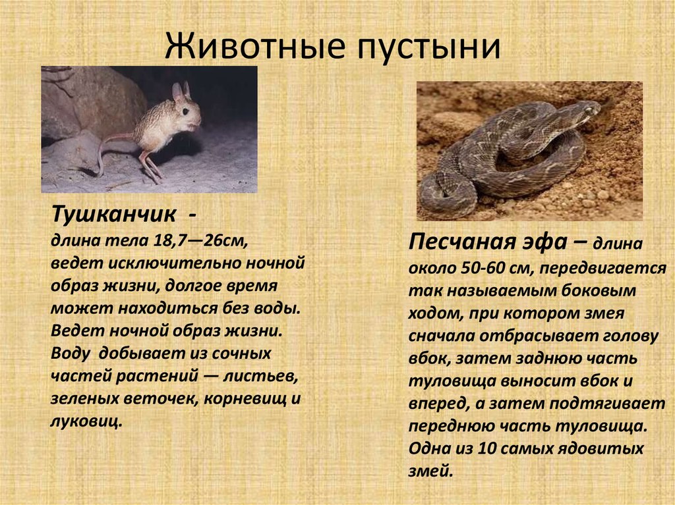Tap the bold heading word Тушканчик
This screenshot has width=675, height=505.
pyautogui.click(x=113, y=214)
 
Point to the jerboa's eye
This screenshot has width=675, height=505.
pyautogui.click(x=185, y=111)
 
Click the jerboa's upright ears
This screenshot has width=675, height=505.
pyautogui.click(x=181, y=92)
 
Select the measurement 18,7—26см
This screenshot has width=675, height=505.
pyautogui.click(x=200, y=240)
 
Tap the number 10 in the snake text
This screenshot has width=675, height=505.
pyautogui.click(x=487, y=448)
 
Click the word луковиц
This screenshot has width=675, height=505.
pyautogui.click(x=86, y=420)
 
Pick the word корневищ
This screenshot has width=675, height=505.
pyautogui.click(x=245, y=399)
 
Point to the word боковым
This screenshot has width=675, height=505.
pyautogui.click(x=599, y=290)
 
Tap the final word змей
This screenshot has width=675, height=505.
pyautogui.click(x=430, y=471)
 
